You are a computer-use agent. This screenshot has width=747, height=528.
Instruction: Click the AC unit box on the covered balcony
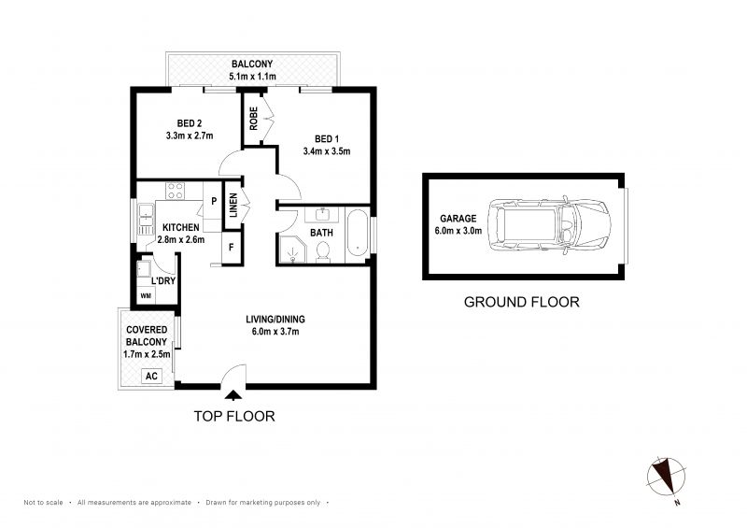pos(151,376)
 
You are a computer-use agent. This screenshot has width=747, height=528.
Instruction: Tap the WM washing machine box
pos(146,295)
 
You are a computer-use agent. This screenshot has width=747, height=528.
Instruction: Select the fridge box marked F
pos(232,247)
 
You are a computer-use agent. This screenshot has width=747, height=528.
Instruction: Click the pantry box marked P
pos(214,201)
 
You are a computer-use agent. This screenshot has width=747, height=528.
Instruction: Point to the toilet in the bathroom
pos(323,252)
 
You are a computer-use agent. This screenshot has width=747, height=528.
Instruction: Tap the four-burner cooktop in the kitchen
pos(175,191)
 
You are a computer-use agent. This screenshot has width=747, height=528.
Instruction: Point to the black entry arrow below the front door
pos(233,394)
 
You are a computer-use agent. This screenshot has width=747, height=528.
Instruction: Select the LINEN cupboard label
pos(233,205)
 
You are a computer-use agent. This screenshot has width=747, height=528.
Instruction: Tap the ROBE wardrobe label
pos(253,119)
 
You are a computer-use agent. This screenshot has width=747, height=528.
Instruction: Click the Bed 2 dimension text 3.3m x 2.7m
pos(190,136)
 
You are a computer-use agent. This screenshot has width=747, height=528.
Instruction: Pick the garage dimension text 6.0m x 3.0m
pos(458,231)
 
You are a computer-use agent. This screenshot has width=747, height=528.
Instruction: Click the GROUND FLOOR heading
pos(522,302)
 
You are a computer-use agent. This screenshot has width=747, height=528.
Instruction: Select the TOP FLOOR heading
pos(234,417)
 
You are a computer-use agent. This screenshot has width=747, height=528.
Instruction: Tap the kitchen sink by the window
pos(146,220)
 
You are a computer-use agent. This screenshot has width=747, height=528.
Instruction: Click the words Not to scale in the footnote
pos(43,502)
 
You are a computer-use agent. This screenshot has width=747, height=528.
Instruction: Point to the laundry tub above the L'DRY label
pos(144,269)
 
